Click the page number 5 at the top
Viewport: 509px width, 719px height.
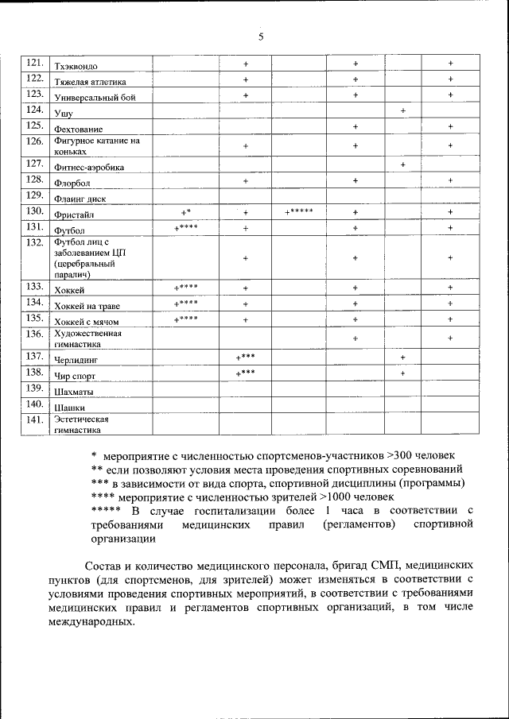(x=260, y=36)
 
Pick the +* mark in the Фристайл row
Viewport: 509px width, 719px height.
(x=185, y=212)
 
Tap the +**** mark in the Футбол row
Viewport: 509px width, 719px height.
(x=185, y=228)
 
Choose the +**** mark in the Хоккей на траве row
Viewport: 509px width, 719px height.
(x=185, y=303)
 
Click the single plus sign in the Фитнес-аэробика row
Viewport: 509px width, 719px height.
(x=403, y=164)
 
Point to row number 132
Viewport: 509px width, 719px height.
(x=34, y=242)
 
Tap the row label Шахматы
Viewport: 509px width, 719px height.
(x=72, y=392)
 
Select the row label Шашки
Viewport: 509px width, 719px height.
(x=69, y=408)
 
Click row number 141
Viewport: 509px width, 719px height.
(x=34, y=419)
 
